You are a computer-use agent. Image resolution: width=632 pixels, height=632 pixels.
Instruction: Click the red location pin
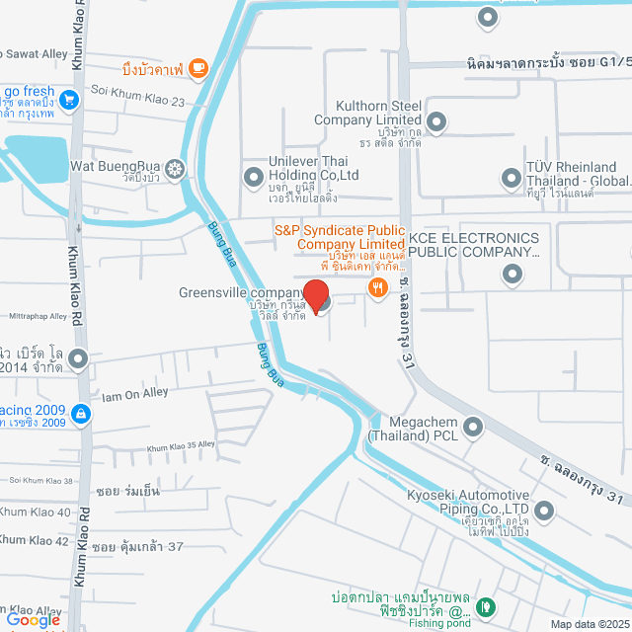pyautogui.click(x=315, y=296)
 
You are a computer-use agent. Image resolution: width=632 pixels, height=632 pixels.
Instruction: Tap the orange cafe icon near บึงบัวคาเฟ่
pyautogui.click(x=198, y=67)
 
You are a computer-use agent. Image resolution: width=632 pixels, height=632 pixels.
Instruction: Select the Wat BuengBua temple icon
pyautogui.click(x=175, y=168)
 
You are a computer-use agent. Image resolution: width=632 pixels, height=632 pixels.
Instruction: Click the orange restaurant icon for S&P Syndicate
pyautogui.click(x=376, y=287)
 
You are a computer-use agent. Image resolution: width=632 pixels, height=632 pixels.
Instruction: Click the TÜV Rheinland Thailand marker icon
pyautogui.click(x=511, y=178)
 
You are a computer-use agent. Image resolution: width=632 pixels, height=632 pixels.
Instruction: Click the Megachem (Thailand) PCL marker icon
pyautogui.click(x=473, y=427)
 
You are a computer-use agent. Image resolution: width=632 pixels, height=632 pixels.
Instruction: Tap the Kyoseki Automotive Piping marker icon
pyautogui.click(x=545, y=511)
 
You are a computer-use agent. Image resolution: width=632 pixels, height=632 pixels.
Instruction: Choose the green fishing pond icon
pyautogui.click(x=485, y=605)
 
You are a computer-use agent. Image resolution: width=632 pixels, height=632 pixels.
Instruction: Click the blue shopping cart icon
pyautogui.click(x=68, y=99)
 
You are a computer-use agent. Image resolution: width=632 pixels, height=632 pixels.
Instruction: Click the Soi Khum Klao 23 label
pyautogui.click(x=137, y=102)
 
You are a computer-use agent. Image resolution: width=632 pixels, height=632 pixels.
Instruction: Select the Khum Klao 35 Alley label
pyautogui.click(x=181, y=447)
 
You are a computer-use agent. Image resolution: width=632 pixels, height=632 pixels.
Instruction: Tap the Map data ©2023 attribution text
pyautogui.click(x=589, y=624)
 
